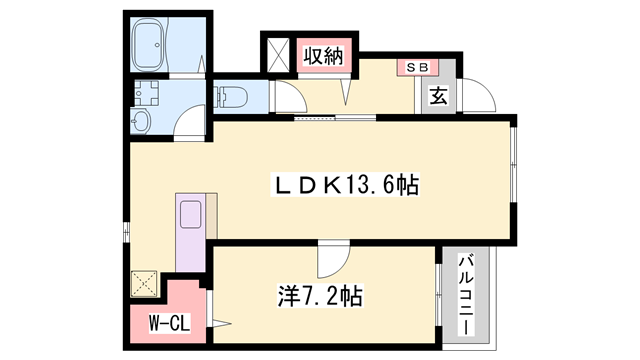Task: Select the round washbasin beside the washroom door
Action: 140,123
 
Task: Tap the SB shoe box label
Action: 413,66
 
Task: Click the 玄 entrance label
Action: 438,97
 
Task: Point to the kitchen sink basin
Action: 191,216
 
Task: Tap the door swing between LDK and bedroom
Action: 329,261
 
